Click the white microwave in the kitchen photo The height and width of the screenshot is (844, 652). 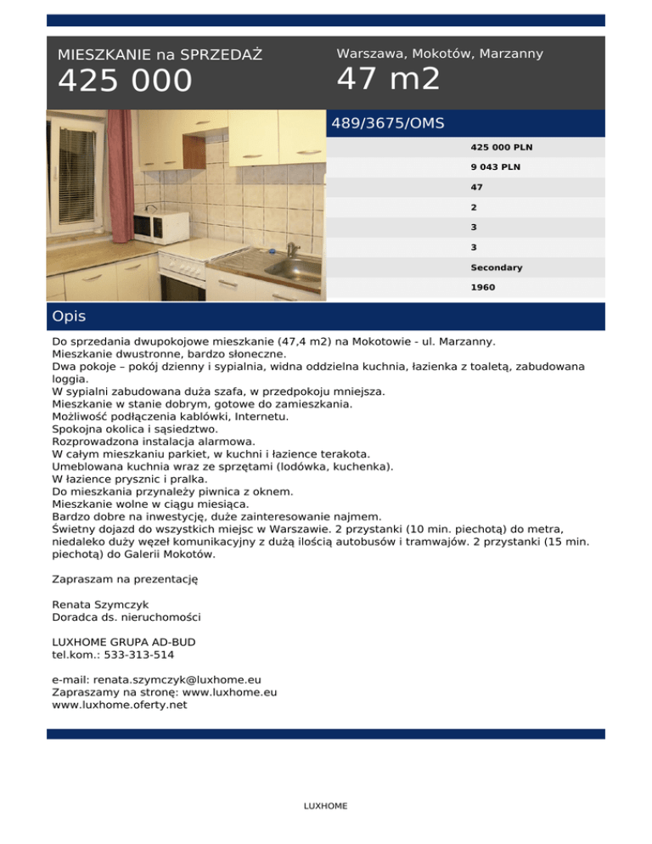tap(163, 227)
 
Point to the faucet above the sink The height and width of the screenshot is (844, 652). tap(291, 248)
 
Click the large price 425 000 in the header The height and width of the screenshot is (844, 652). tap(126, 82)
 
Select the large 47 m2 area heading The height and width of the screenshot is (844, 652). tap(389, 79)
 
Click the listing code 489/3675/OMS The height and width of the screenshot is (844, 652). tap(388, 123)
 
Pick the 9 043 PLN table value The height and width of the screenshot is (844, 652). tap(496, 167)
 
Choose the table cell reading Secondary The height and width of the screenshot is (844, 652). tap(497, 267)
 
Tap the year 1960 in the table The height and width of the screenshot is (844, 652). tap(483, 288)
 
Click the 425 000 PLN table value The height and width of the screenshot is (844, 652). tap(502, 147)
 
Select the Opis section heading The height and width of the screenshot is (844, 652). tap(69, 317)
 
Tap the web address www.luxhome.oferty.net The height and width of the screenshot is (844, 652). tap(120, 704)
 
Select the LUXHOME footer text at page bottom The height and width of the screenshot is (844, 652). tap(325, 806)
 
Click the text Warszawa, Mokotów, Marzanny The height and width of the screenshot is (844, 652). tap(440, 53)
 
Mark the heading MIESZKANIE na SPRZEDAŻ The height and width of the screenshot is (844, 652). tap(160, 55)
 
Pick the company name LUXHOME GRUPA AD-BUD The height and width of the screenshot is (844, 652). tap(130, 642)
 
